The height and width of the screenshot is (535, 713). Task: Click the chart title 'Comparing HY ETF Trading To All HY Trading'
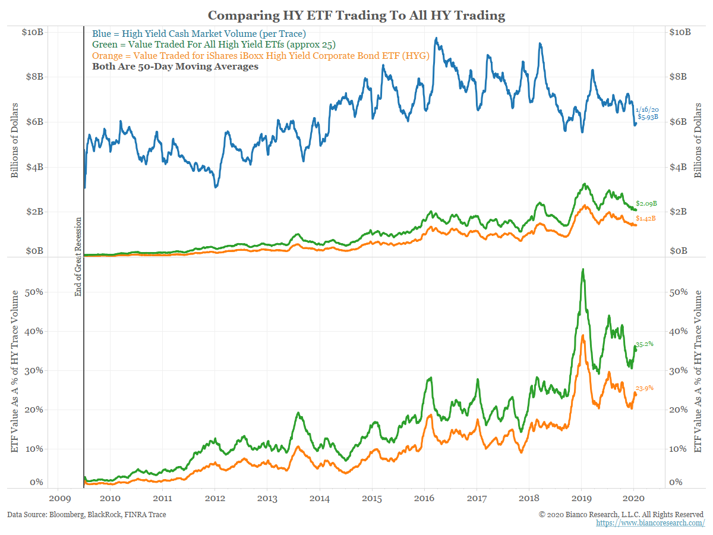tap(356, 15)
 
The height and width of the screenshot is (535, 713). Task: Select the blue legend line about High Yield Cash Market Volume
tap(199, 33)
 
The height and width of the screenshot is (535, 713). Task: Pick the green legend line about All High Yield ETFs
tap(210, 45)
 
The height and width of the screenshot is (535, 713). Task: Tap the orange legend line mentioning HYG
tap(260, 56)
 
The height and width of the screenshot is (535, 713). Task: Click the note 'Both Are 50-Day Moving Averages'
tap(175, 67)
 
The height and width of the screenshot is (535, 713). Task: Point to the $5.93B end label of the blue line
tap(648, 118)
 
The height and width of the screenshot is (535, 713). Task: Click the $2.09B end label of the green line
tap(646, 203)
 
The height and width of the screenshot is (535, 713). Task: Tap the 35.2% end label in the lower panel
tap(645, 344)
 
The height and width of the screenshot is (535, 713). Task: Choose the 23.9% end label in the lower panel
tap(645, 388)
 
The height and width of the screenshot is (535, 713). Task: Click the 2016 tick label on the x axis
tap(425, 498)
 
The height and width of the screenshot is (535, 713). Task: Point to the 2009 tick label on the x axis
tap(58, 498)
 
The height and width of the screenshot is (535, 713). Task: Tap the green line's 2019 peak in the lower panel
tap(583, 269)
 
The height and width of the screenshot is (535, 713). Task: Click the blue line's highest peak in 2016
tap(437, 39)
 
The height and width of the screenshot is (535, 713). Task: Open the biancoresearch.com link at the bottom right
tap(650, 523)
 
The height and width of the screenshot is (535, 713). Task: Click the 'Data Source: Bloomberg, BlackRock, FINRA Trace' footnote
tap(87, 514)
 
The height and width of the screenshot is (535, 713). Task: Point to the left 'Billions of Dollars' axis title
tap(14, 141)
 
